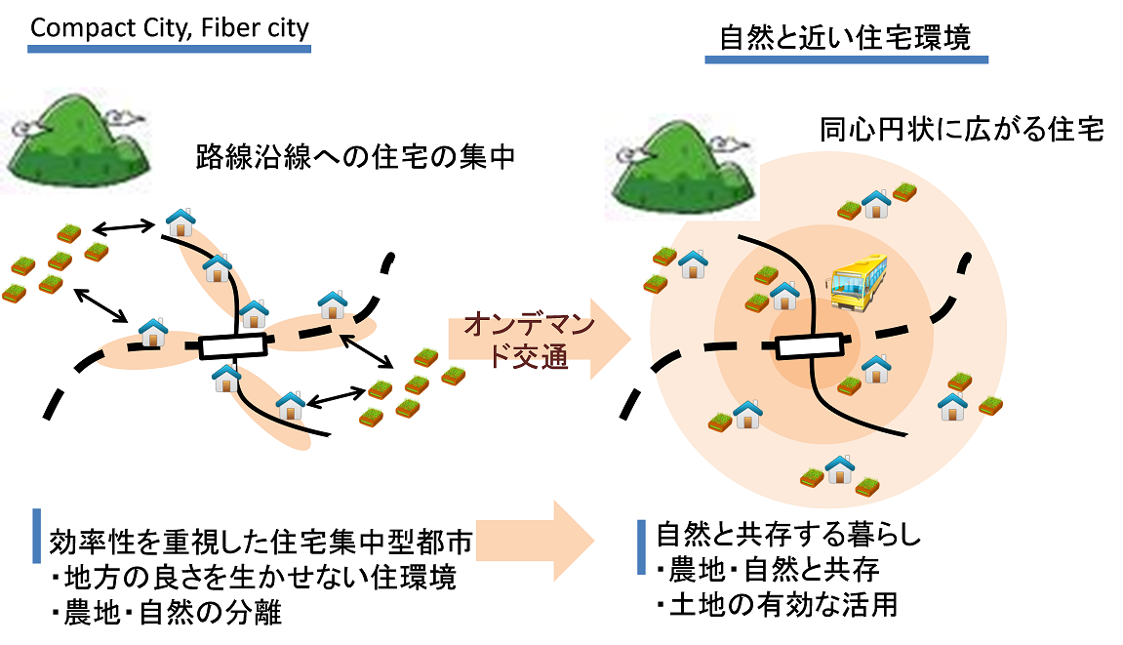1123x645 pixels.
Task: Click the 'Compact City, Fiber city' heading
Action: point(170,26)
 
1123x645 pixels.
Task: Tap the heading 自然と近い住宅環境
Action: point(845,38)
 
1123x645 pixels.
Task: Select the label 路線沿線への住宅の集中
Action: point(354,157)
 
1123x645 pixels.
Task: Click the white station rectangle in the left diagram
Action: point(233,345)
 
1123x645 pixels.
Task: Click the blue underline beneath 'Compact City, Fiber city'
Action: point(170,48)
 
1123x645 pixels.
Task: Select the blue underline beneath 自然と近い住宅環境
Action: point(846,60)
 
